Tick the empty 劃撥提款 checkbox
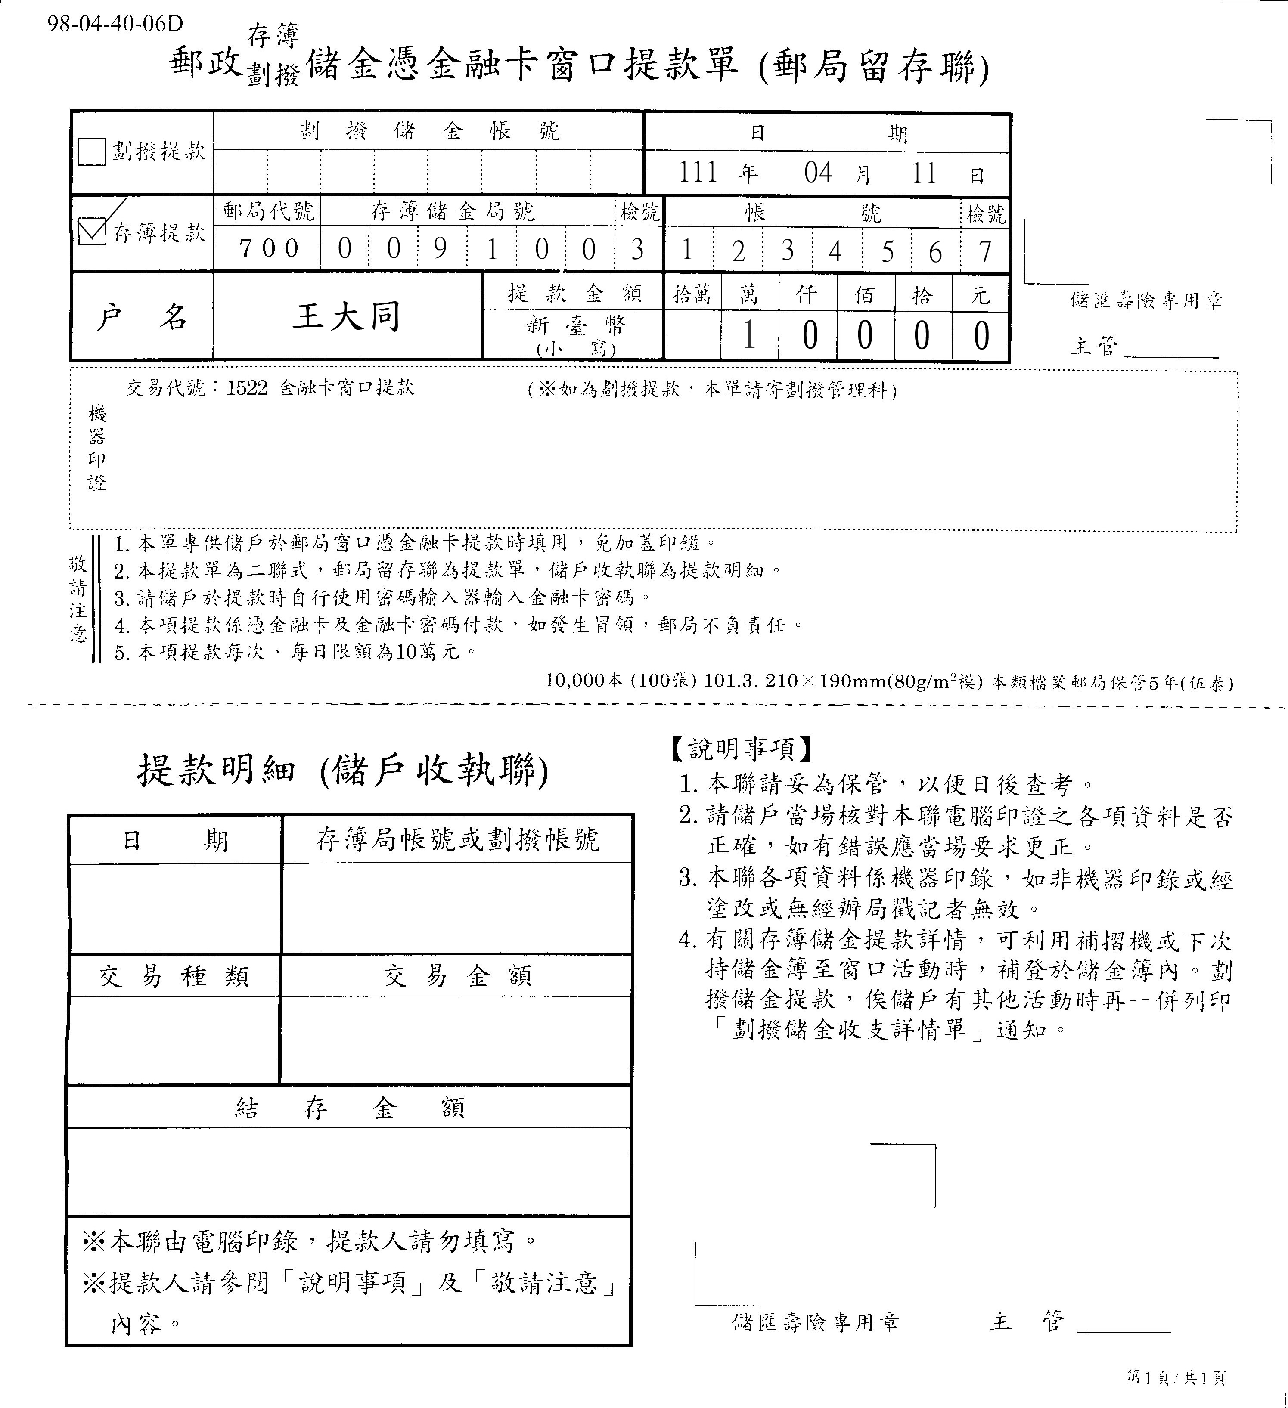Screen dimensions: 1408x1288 92,152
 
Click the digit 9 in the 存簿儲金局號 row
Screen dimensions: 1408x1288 440,249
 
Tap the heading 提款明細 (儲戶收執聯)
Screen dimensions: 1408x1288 342,771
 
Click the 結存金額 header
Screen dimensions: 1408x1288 349,1108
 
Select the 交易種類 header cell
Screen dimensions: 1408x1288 174,976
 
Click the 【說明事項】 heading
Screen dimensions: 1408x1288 741,749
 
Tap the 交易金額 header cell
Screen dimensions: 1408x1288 458,976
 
